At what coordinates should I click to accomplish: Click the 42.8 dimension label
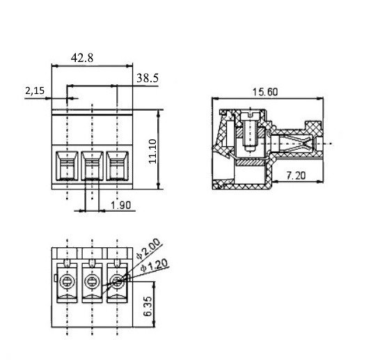click(82, 58)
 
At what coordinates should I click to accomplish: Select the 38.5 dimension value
click(148, 78)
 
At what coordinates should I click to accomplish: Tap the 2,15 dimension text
click(35, 91)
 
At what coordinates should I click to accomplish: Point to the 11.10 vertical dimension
click(152, 151)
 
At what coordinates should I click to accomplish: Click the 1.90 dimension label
click(121, 205)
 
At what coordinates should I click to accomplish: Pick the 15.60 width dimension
click(265, 92)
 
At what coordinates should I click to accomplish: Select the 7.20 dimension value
click(296, 175)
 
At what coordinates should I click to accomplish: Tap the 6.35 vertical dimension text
click(148, 306)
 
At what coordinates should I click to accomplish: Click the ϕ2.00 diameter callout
click(148, 249)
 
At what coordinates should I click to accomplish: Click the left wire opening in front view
click(67, 166)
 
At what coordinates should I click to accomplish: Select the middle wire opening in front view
click(93, 166)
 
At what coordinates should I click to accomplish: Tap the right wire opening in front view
click(118, 166)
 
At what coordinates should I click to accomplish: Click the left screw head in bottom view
click(67, 282)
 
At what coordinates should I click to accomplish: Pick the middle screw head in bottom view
click(92, 282)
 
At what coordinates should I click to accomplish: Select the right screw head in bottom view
click(117, 282)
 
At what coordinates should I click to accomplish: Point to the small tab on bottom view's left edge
click(55, 278)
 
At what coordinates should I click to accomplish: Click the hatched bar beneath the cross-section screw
click(251, 163)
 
